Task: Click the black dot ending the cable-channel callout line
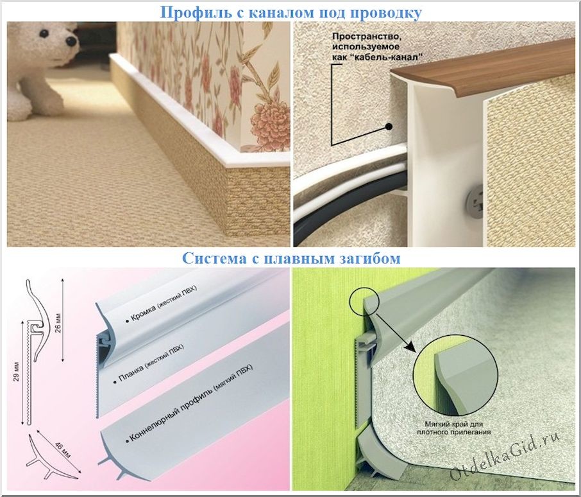(389, 126)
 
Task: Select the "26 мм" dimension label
(58, 323)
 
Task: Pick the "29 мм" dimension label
(16, 372)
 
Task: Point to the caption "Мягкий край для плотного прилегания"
(453, 428)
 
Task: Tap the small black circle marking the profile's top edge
(364, 301)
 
